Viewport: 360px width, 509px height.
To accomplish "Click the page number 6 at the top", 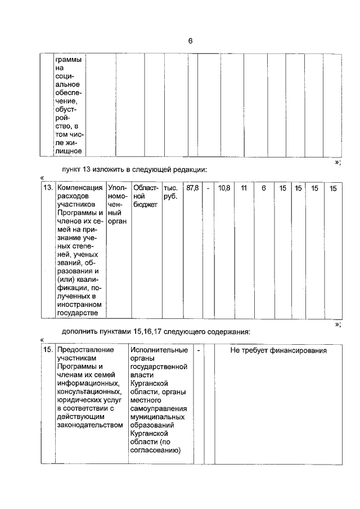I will click(190, 41).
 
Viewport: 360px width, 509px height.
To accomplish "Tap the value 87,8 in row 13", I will click(192, 187).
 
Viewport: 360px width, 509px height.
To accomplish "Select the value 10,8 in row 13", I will click(223, 187).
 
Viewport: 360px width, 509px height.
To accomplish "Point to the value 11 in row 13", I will click(244, 187).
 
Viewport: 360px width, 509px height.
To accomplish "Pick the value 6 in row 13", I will click(263, 187).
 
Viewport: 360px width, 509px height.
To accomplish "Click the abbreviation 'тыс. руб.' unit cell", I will click(170, 192).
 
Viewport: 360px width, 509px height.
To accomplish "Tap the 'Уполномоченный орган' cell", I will click(118, 204).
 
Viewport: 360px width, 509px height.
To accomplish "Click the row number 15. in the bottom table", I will click(48, 350).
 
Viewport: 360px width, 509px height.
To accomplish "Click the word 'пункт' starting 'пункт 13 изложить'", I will click(73, 169).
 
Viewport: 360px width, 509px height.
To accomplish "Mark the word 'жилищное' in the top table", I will click(69, 150).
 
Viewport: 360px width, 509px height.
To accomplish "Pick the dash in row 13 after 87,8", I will click(208, 187).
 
